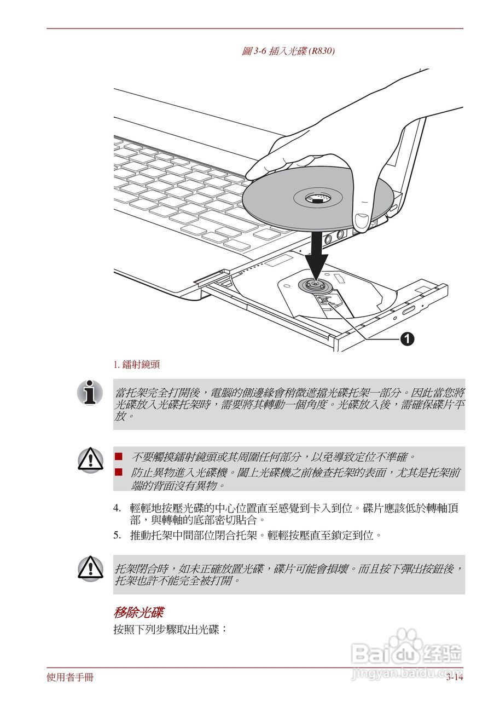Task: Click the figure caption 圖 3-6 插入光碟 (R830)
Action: [288, 51]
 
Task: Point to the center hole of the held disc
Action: [316, 197]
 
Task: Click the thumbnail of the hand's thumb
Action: [362, 222]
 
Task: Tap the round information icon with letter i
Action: [90, 392]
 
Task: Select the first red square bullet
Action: [119, 456]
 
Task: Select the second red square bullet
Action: [119, 471]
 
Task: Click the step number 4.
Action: [117, 508]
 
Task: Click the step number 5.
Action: [117, 535]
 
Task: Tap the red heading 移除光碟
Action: [138, 611]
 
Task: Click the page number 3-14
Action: [454, 677]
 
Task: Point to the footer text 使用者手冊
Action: [70, 677]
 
